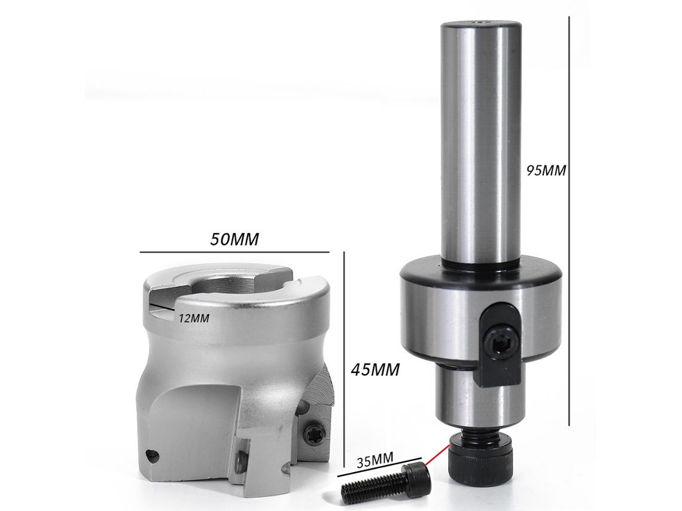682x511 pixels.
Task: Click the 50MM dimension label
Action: pyautogui.click(x=235, y=239)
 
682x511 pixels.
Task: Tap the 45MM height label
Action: pyautogui.click(x=375, y=370)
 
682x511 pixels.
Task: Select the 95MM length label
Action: pyautogui.click(x=546, y=170)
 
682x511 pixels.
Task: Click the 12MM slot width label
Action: pyautogui.click(x=194, y=319)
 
